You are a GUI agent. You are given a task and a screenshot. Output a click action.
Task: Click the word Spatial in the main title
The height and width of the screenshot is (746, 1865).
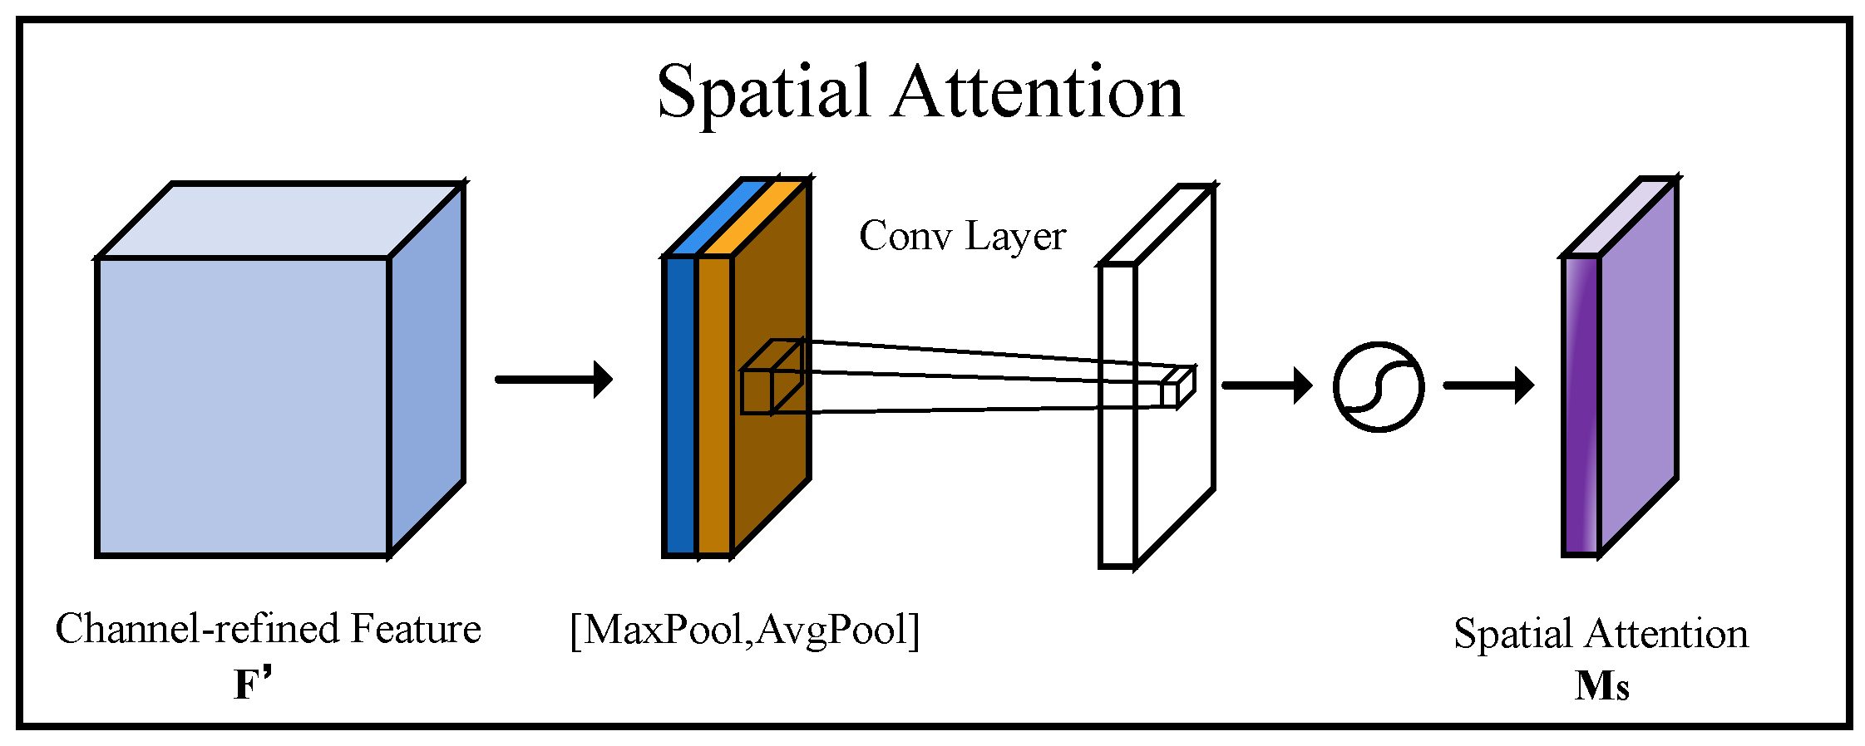pos(763,93)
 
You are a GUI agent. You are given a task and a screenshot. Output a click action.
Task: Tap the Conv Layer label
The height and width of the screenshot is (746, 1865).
pos(962,237)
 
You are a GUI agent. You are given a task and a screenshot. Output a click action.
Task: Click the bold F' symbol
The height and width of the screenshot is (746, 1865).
pos(253,685)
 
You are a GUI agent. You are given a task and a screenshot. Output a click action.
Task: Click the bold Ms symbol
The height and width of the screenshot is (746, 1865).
pos(1601,686)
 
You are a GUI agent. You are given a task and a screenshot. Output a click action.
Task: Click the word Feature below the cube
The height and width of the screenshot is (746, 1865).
pos(415,629)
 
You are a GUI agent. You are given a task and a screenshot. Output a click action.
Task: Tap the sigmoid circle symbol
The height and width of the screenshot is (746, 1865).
pos(1378,386)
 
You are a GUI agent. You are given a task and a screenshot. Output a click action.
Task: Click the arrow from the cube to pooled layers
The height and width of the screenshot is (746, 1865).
pos(554,380)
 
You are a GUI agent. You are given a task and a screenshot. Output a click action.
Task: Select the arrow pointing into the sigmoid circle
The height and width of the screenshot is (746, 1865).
pos(1266,385)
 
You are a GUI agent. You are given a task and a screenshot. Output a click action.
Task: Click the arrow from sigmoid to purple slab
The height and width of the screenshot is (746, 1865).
pos(1488,385)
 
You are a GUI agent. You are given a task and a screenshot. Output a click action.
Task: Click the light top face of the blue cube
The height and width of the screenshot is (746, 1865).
pos(279,220)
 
